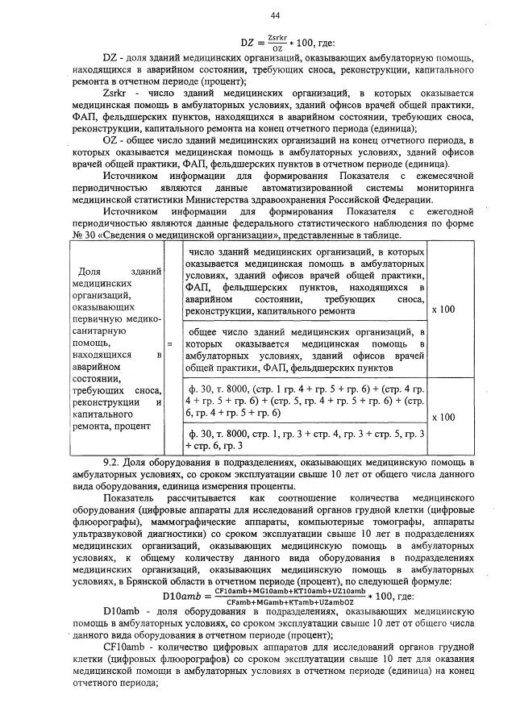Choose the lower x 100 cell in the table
[x=443, y=418]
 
